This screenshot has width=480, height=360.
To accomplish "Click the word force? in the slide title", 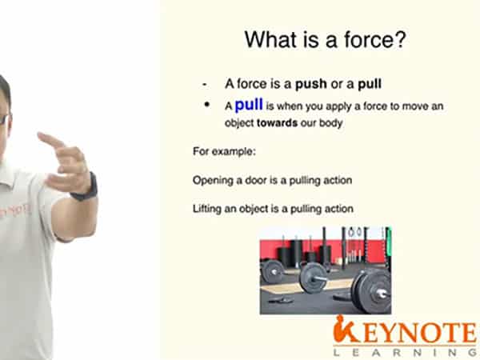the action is pyautogui.click(x=375, y=39).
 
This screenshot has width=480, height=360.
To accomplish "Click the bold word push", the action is pyautogui.click(x=311, y=84).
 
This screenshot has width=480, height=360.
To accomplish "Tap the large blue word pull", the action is pyautogui.click(x=249, y=105).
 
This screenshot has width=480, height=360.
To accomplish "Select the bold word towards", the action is pyautogui.click(x=277, y=122).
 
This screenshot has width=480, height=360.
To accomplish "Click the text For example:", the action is pyautogui.click(x=224, y=151).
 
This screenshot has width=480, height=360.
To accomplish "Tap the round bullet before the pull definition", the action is pyautogui.click(x=207, y=105).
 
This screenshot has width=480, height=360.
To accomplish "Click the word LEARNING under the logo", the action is pyautogui.click(x=405, y=352).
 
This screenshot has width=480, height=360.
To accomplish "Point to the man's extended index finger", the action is pyautogui.click(x=50, y=139).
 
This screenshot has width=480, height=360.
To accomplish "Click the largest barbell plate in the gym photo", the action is pyautogui.click(x=371, y=292).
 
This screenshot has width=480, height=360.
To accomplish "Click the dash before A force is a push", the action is pyautogui.click(x=205, y=85).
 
